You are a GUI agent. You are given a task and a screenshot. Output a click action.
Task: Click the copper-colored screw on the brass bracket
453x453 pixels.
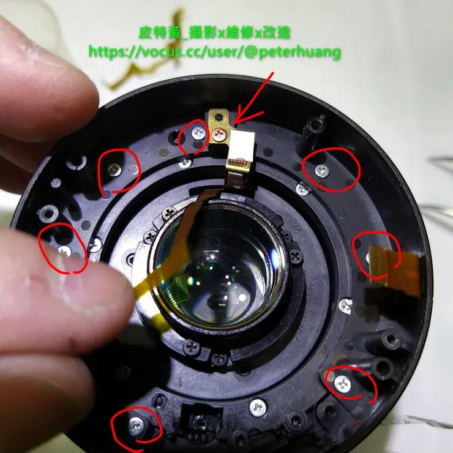coord(218,134)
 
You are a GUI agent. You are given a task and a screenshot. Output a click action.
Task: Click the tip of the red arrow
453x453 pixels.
coord(234,124)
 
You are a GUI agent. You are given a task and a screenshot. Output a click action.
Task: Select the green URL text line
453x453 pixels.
coord(214,52)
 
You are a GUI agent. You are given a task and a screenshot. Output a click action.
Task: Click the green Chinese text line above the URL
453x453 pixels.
coord(214,32)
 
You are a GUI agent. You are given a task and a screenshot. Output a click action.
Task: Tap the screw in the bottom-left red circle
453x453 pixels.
coord(137,425)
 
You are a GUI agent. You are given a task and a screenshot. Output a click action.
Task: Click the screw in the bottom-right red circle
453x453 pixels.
coord(343,384)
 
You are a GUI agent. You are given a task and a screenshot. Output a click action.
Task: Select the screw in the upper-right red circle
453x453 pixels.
coord(322,171)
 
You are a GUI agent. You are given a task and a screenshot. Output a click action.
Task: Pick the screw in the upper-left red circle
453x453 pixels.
coord(115,170)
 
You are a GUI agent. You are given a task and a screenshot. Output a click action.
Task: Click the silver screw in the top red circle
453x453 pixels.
coord(199,133)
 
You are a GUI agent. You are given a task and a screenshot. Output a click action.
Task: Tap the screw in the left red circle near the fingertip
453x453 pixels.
coord(65,250)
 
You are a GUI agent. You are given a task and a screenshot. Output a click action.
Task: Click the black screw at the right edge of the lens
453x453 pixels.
coord(296,256)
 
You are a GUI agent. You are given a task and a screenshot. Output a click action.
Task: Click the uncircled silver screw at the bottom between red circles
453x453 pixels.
coord(258,408)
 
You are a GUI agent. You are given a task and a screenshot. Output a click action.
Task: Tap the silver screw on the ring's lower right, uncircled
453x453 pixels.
coord(345,305)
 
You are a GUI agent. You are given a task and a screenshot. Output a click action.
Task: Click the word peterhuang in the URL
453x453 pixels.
coord(299,53)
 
